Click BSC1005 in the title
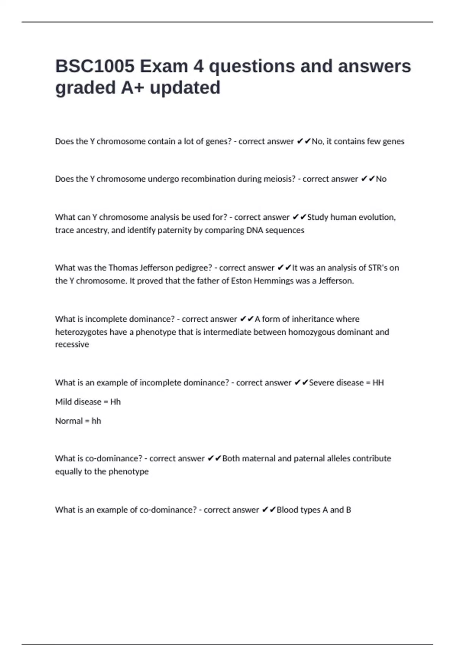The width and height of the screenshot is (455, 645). pos(95,66)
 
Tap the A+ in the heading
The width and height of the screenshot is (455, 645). pos(132,88)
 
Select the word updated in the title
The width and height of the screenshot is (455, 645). pos(185,88)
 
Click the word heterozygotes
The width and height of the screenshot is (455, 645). pos(81,332)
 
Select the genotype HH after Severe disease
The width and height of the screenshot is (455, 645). pos(378,382)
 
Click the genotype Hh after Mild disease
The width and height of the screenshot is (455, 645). pos(115,402)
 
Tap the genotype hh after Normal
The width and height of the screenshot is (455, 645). pos(96,421)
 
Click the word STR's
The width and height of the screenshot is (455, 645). pos(378,268)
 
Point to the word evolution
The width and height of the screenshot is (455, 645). pos(374,217)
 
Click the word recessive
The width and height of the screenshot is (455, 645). pos(72,345)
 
